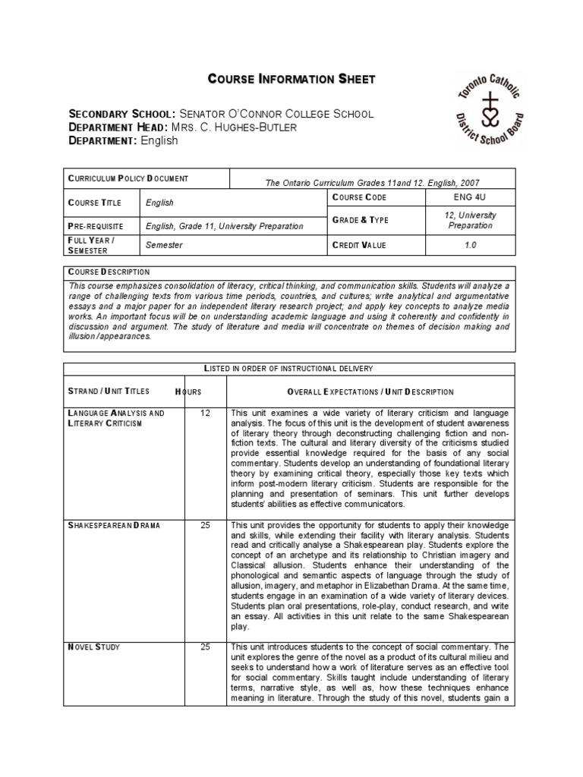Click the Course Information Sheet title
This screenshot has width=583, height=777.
[291, 80]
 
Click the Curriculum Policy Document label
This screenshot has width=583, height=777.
[128, 178]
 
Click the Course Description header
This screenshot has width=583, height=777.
[109, 272]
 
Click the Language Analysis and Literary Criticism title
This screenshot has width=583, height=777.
[116, 418]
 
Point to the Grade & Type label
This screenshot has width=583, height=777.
[361, 220]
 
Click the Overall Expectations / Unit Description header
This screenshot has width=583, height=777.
[370, 392]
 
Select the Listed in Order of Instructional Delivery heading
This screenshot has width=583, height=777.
[288, 368]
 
